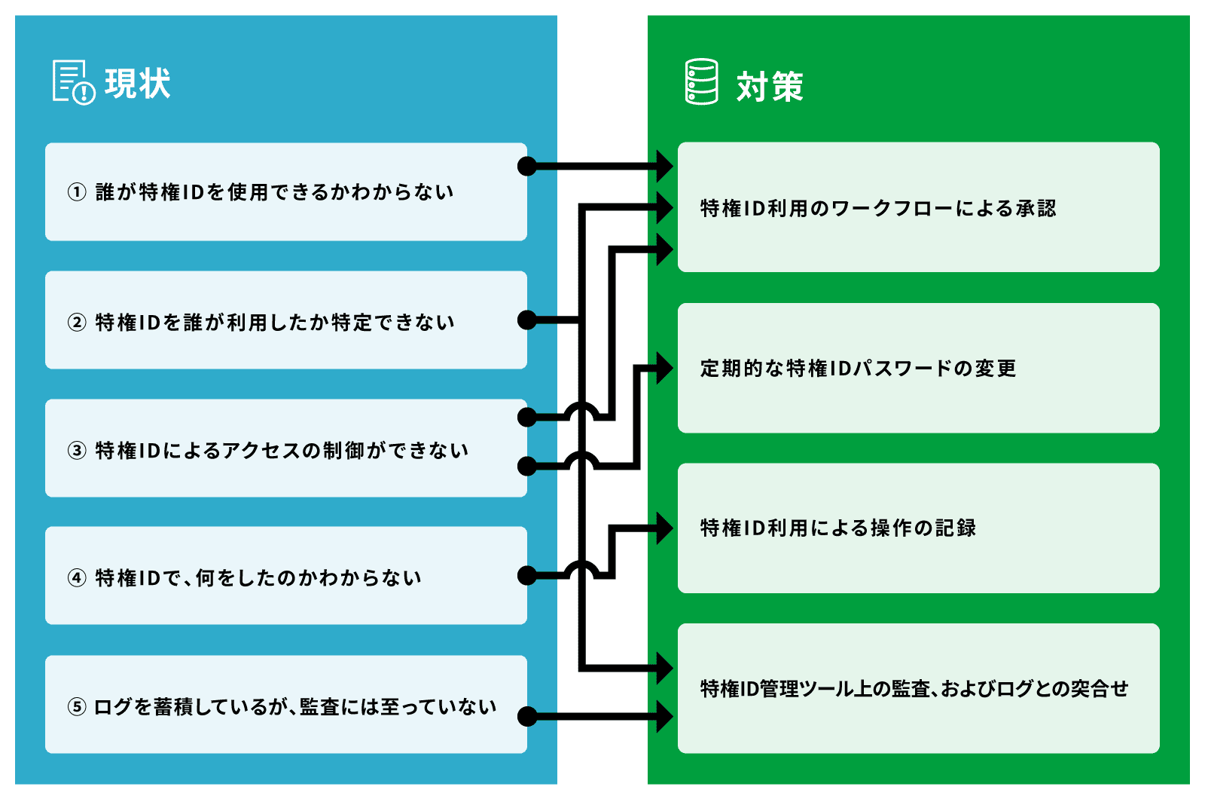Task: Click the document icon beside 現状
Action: point(73,82)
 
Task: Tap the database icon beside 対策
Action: point(701,82)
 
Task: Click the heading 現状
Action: point(138,84)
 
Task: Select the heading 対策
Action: point(770,87)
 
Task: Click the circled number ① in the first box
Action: point(77,192)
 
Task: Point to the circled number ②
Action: point(77,323)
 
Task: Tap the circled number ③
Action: point(77,451)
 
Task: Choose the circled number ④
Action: point(77,578)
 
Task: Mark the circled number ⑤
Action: point(77,707)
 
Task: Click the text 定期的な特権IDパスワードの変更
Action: point(858,369)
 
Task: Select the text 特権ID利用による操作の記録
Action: point(837,528)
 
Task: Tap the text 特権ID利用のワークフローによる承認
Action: point(877,208)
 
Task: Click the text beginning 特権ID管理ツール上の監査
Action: point(914,689)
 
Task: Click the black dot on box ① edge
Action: point(527,166)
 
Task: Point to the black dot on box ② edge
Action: point(527,320)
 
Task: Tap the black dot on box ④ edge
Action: point(527,577)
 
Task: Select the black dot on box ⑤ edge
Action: point(527,716)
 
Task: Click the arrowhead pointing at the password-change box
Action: point(664,369)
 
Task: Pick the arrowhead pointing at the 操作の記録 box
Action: point(664,528)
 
